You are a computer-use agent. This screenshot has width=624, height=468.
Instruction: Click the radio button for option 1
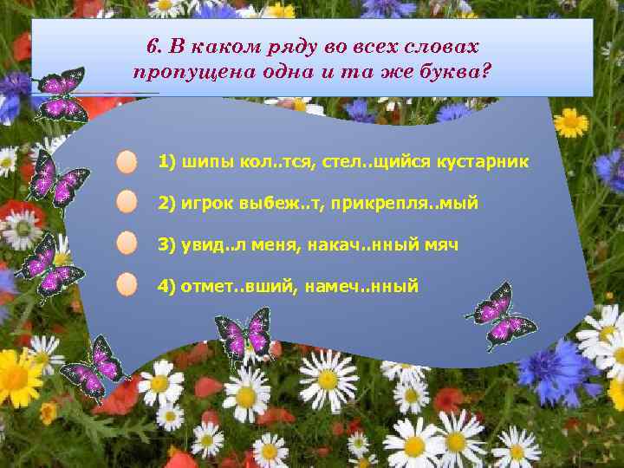point(127,162)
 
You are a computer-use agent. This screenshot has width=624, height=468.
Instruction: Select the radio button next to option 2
point(127,203)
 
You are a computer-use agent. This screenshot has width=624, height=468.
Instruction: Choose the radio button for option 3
point(127,244)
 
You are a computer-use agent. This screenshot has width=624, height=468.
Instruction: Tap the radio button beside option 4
point(127,284)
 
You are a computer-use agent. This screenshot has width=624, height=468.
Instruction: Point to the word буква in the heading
point(445,70)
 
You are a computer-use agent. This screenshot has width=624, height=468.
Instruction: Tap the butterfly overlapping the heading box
point(61,94)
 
